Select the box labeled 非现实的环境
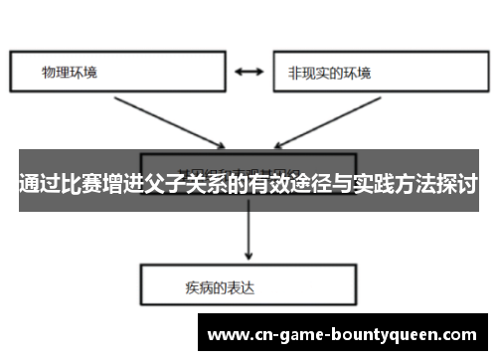coord(368,73)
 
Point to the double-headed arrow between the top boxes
coord(248,73)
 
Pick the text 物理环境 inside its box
coord(70,73)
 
